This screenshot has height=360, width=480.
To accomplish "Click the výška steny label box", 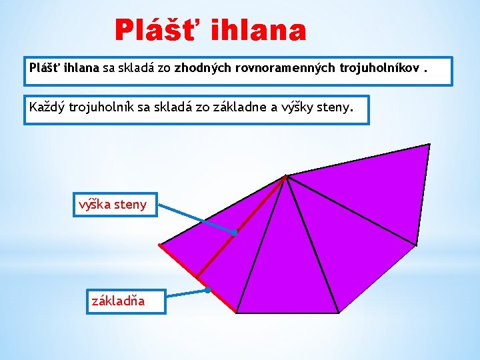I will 113,204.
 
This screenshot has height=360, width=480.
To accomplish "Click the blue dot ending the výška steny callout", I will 235,233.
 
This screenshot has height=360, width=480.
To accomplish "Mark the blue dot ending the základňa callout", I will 207,290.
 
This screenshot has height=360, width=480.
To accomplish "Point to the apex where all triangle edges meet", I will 286,176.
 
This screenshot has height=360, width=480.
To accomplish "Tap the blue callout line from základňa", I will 186,293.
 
